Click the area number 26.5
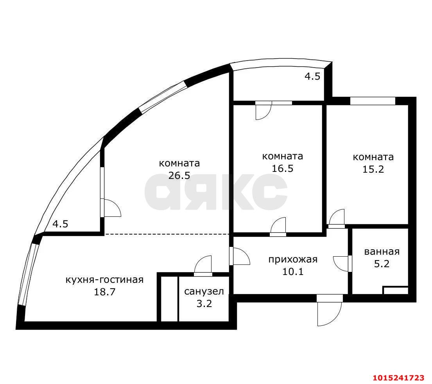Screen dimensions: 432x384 (179, 175)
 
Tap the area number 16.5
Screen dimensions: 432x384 (283, 168)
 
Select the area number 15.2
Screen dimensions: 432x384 (373, 169)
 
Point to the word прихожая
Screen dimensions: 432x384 (293, 259)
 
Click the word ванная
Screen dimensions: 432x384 (382, 252)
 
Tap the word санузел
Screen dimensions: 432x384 (204, 291)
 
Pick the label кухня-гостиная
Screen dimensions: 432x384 (104, 280)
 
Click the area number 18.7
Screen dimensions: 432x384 (105, 292)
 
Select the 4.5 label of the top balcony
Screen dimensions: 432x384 (312, 76)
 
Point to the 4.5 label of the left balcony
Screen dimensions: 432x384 (60, 224)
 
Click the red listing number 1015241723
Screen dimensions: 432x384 (399, 377)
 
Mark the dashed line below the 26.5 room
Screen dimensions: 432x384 (167, 234)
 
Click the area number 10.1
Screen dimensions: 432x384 (293, 271)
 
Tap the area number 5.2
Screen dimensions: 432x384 (382, 264)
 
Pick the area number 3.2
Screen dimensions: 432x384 (204, 304)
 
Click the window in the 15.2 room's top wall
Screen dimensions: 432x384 (373, 101)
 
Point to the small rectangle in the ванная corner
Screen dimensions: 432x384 (396, 291)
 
